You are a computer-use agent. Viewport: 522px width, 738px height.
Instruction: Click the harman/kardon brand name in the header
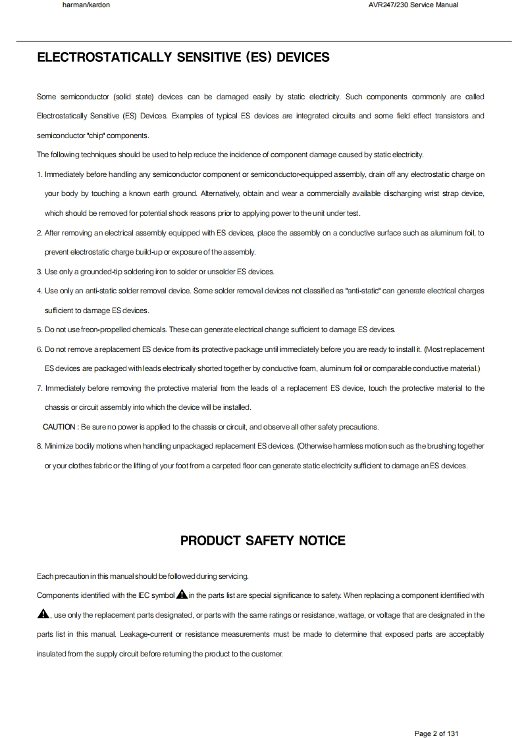pos(86,5)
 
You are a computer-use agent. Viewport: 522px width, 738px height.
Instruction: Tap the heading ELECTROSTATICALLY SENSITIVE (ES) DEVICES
pos(183,58)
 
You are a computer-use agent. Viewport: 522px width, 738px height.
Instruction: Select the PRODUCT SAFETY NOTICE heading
pos(263,541)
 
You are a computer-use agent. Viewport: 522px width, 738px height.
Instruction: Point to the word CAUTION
pos(59,427)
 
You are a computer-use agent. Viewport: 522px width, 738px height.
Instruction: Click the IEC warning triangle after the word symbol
pos(182,595)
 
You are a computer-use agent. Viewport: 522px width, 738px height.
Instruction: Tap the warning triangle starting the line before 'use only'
pos(43,614)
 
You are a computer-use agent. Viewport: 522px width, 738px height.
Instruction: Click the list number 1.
pos(39,174)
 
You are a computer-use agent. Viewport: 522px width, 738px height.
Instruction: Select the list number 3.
pos(39,272)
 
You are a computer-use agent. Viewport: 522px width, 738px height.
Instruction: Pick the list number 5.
pos(39,330)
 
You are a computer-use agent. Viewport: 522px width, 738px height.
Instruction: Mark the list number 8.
pos(39,446)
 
